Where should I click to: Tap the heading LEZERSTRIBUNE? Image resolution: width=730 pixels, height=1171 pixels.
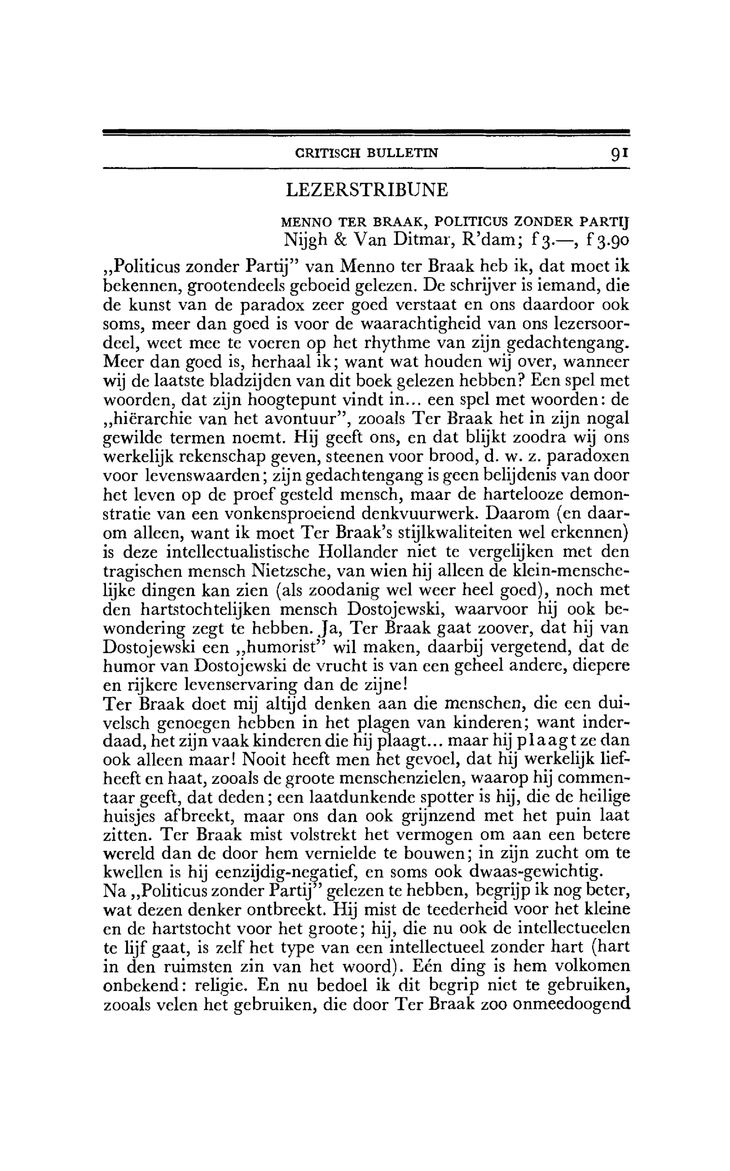366,190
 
